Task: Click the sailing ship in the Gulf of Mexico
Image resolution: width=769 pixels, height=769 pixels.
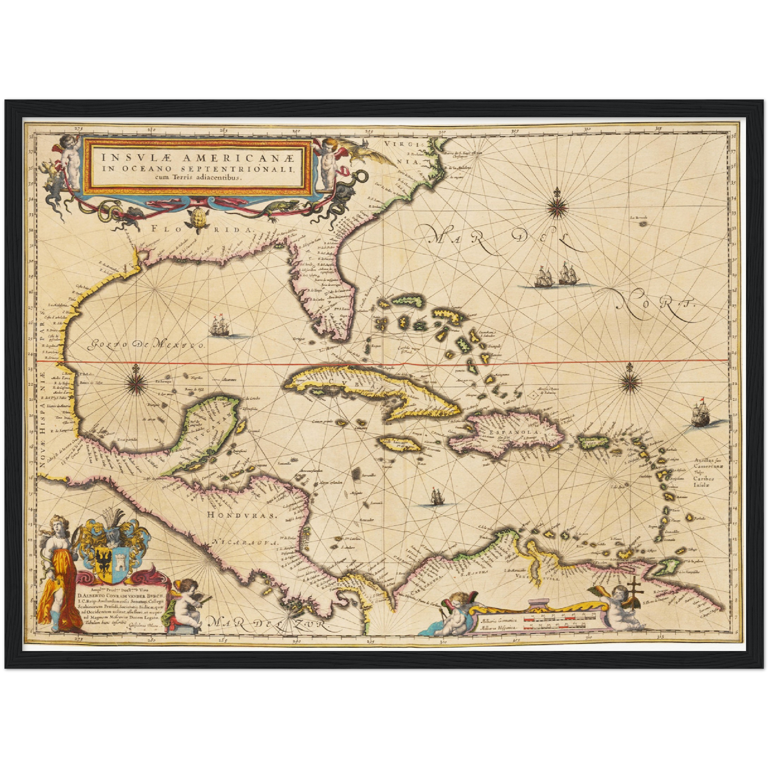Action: click(x=220, y=326)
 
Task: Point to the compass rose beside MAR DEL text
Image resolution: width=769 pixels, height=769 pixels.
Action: click(x=557, y=203)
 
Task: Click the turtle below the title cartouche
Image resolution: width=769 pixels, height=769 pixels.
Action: click(x=199, y=217)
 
